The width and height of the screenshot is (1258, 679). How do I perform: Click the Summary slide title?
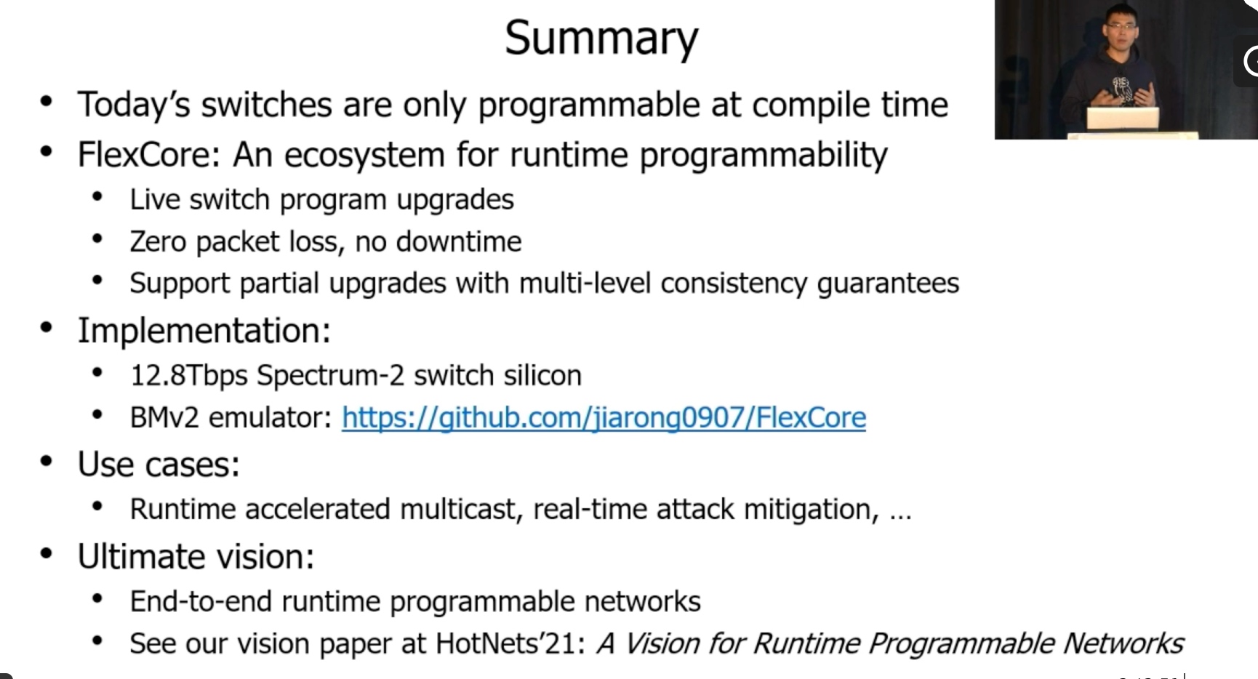tap(601, 38)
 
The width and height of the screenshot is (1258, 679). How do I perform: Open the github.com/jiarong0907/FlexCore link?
tap(604, 418)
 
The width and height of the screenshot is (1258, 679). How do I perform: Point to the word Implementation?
tap(204, 332)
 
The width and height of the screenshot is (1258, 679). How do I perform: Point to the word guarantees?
tap(888, 284)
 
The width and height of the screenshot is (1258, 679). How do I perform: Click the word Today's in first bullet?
tap(134, 105)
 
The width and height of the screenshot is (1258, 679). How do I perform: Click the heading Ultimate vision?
tap(196, 557)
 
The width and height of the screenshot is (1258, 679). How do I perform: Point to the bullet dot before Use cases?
tap(47, 462)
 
